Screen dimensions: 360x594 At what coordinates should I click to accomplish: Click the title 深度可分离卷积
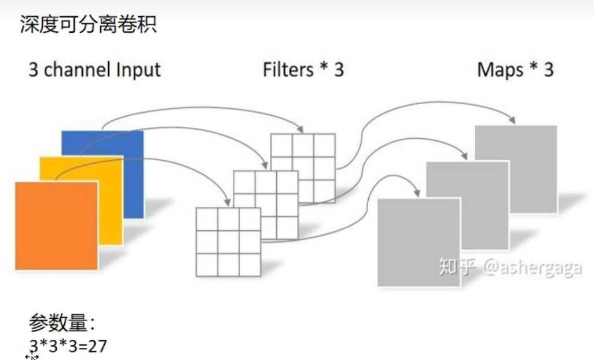click(88, 24)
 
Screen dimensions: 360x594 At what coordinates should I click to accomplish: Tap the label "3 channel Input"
click(94, 70)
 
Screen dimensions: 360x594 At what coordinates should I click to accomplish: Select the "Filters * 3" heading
click(303, 70)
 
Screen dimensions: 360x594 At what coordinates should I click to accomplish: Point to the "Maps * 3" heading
click(515, 70)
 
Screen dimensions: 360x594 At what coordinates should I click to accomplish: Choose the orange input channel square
click(56, 225)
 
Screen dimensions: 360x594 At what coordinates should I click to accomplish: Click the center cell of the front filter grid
click(229, 242)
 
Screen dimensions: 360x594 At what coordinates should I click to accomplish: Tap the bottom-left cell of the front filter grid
click(207, 264)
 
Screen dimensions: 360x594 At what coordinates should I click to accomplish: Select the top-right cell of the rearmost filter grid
click(324, 145)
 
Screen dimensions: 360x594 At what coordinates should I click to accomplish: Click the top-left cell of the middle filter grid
click(244, 182)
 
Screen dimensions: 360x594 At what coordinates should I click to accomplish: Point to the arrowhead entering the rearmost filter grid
click(300, 129)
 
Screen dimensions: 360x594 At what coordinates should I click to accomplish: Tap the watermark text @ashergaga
click(531, 268)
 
